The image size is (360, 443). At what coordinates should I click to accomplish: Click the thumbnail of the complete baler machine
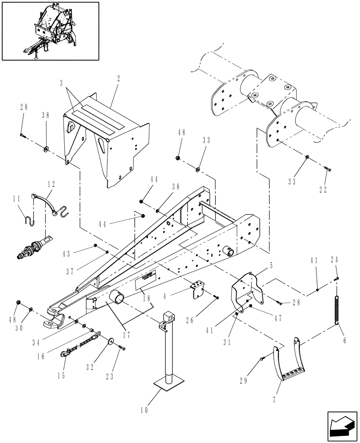[x=50, y=31]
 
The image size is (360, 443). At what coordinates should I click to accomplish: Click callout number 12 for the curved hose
[x=52, y=183]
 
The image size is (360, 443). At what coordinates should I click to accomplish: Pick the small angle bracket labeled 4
[x=197, y=289]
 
